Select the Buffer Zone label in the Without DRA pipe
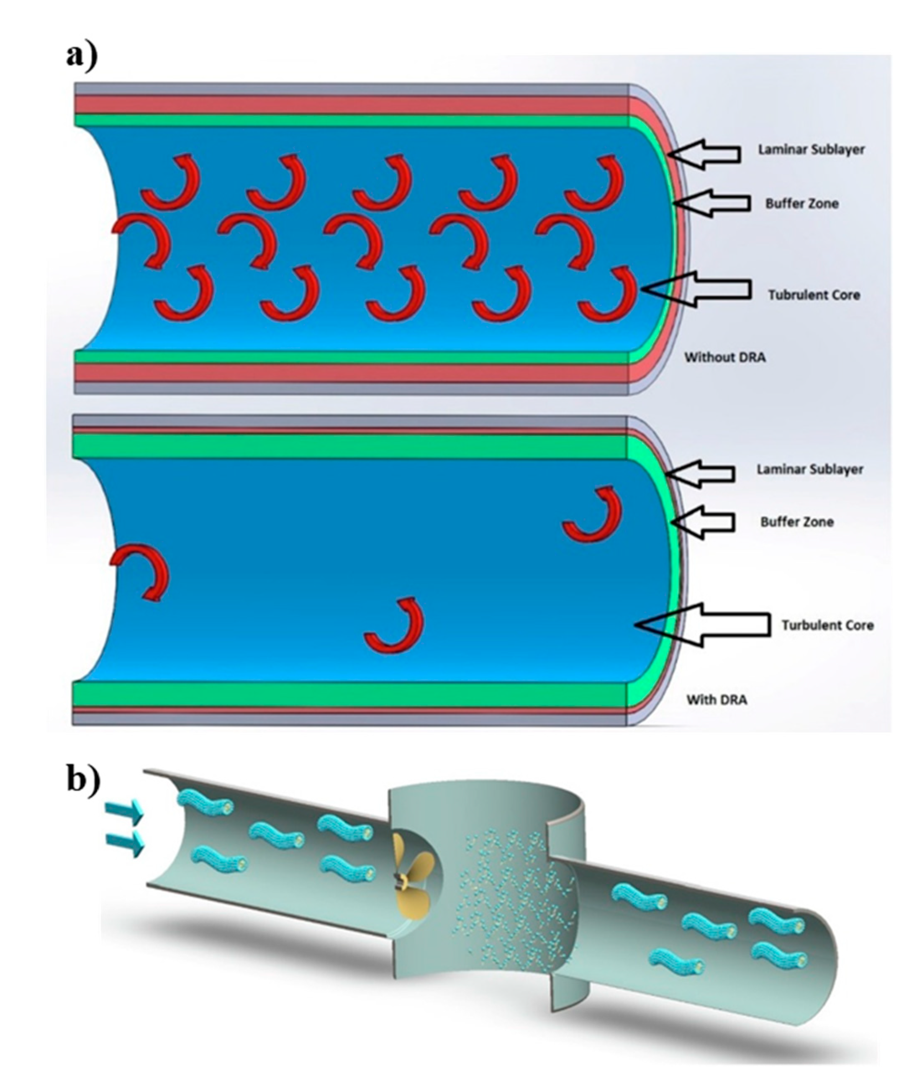click(802, 203)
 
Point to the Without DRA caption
click(725, 358)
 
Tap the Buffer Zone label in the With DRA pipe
click(796, 522)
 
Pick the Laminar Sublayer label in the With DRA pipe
click(809, 469)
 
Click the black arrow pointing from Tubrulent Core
click(698, 289)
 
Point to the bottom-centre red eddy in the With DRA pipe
click(395, 626)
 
